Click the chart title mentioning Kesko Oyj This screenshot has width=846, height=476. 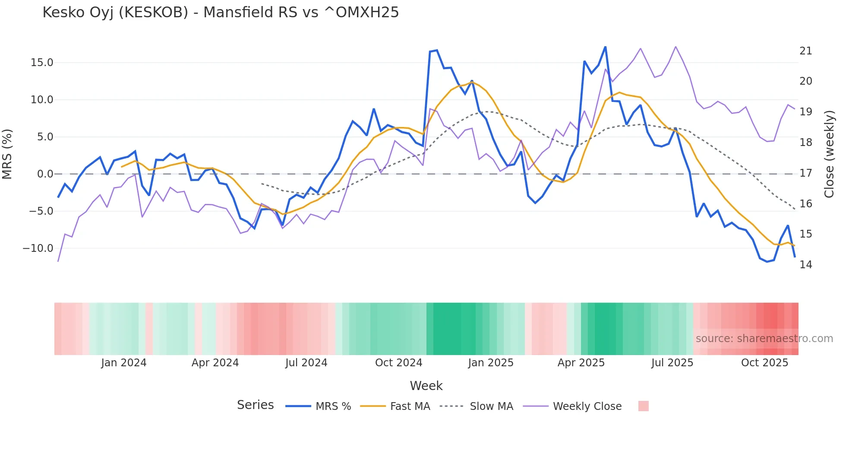[221, 13]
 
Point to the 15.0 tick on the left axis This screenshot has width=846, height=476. [42, 63]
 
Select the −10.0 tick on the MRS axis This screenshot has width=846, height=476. [38, 248]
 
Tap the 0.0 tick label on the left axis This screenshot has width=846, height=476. [45, 174]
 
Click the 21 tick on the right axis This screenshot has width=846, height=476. [805, 51]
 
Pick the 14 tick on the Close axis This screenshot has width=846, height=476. [805, 265]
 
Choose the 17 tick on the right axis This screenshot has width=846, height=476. [805, 173]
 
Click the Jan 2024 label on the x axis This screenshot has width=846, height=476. [124, 363]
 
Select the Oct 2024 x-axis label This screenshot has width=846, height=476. [398, 363]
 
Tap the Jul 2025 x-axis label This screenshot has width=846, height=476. [672, 363]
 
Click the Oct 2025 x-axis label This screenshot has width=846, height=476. [764, 363]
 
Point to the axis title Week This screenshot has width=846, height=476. [426, 386]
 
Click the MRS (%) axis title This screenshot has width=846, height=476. [7, 154]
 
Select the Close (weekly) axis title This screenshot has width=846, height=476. [829, 154]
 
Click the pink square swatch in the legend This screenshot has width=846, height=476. [643, 406]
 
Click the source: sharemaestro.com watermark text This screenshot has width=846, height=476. [764, 339]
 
